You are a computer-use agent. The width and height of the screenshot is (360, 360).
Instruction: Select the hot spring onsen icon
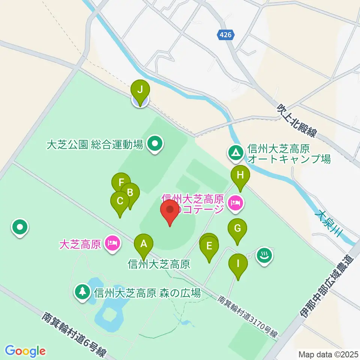(x=264, y=256)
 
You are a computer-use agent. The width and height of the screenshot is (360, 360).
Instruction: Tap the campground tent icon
(x=235, y=153)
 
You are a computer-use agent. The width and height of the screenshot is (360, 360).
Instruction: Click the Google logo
(x=25, y=351)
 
